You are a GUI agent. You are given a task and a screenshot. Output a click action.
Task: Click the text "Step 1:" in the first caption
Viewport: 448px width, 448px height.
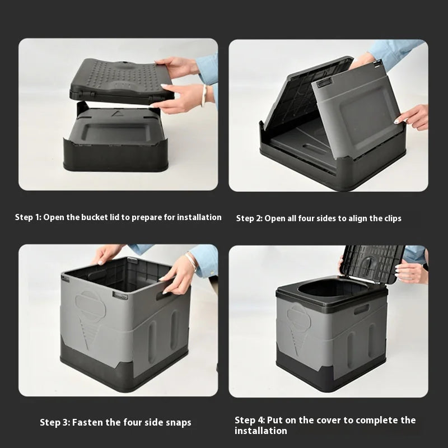point(28,217)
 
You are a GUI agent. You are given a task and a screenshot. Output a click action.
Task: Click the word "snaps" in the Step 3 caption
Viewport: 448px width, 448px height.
point(177,422)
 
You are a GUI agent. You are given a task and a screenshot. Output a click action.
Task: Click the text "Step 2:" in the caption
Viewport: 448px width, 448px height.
point(249,218)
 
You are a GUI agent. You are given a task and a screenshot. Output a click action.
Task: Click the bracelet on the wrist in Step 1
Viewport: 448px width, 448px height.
point(204,95)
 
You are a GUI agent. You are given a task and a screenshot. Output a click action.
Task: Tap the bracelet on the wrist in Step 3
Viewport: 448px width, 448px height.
point(192,260)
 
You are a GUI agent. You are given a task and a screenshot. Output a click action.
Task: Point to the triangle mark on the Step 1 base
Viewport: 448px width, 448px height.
point(117,113)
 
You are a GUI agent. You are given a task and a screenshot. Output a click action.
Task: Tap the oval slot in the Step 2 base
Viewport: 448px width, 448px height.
point(314,150)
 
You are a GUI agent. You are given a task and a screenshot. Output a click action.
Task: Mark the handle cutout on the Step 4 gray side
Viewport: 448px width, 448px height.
point(361,309)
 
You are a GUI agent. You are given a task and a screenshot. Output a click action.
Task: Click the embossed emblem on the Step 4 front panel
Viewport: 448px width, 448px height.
point(296,320)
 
